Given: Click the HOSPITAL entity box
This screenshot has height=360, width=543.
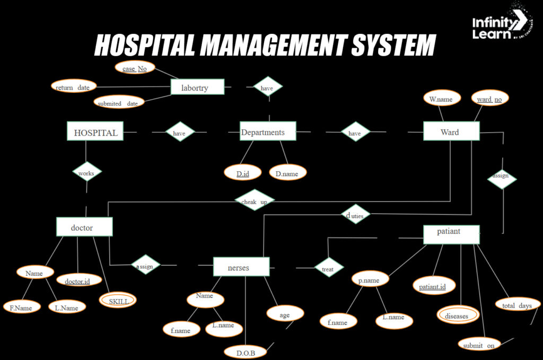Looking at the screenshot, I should pyautogui.click(x=95, y=131).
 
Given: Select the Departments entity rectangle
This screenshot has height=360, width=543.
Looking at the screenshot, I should pyautogui.click(x=268, y=132).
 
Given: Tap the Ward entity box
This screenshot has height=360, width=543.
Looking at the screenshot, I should pyautogui.click(x=451, y=131).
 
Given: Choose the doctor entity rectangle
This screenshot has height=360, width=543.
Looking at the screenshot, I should pyautogui.click(x=84, y=227).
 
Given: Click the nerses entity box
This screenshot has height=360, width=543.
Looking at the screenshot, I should pyautogui.click(x=241, y=267).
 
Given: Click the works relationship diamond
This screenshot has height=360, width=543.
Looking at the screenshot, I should pyautogui.click(x=86, y=173).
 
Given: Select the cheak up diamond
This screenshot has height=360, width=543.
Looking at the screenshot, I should pyautogui.click(x=254, y=201).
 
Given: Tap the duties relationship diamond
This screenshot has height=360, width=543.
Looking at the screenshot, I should pyautogui.click(x=355, y=215).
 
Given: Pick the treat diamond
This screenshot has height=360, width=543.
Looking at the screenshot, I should pyautogui.click(x=328, y=269).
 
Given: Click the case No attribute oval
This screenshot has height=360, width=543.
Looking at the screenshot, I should pyautogui.click(x=135, y=68).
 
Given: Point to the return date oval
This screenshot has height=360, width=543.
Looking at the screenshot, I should pyautogui.click(x=73, y=86).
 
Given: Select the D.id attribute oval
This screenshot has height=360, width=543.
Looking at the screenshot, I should pyautogui.click(x=243, y=173).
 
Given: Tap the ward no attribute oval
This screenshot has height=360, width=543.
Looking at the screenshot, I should pyautogui.click(x=489, y=99).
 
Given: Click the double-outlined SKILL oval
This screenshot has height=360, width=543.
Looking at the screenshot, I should pyautogui.click(x=118, y=301).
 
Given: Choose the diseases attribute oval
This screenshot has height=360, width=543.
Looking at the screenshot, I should pyautogui.click(x=457, y=315).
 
